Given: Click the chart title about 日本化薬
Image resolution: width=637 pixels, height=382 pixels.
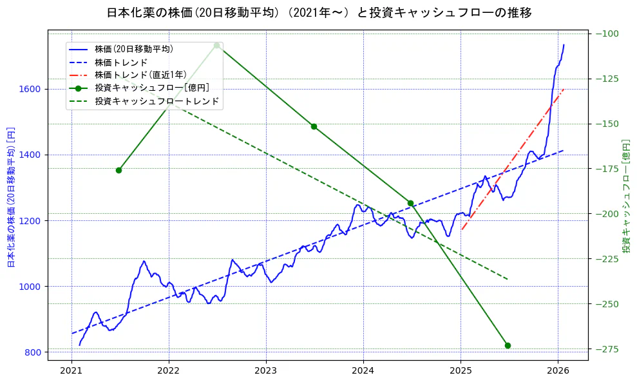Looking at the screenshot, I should click(x=319, y=13).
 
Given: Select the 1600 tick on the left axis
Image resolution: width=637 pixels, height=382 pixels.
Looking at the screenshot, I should click(x=32, y=90).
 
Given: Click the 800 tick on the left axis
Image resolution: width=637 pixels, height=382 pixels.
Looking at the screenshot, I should click(x=35, y=352).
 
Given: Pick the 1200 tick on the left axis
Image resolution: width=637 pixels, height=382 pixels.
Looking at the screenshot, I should click(x=32, y=221).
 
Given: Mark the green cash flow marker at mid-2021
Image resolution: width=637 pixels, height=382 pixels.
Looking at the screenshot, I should click(x=119, y=170).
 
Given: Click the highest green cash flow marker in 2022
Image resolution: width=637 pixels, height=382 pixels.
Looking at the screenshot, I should click(x=217, y=45).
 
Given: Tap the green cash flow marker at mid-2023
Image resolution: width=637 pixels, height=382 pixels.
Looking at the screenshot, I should click(x=314, y=126).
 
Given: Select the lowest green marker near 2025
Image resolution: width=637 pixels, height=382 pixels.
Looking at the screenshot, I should click(x=508, y=345).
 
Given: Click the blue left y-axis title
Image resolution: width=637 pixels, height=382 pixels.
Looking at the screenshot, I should click(x=11, y=196).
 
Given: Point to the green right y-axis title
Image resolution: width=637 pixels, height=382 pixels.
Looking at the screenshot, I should click(x=626, y=196).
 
